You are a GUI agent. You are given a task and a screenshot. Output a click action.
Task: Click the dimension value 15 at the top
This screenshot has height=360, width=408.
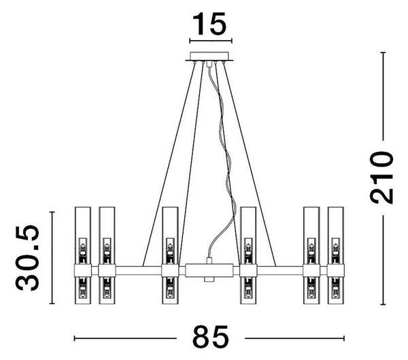click(209, 24)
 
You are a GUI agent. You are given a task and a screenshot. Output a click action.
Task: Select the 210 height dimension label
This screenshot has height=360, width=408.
click(381, 177)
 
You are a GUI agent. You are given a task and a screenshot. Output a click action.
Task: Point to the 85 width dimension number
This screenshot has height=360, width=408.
click(211, 337)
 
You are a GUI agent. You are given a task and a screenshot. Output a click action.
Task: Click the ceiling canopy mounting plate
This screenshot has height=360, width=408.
click(209, 56)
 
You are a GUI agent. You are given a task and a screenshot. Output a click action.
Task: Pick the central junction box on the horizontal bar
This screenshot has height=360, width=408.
click(209, 270)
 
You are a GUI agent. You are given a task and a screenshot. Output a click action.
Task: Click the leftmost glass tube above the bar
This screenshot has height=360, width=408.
click(83, 236)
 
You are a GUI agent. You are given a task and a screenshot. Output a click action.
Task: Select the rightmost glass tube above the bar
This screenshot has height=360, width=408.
click(336, 236)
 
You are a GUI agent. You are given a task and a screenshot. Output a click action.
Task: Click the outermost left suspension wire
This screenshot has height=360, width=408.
click(169, 164)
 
